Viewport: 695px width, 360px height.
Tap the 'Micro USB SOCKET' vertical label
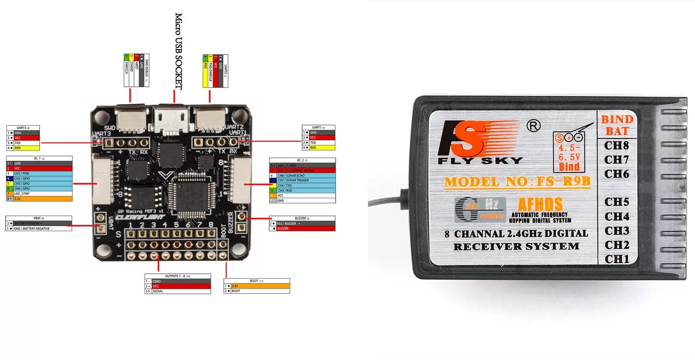179,51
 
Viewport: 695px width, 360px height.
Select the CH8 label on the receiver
616,145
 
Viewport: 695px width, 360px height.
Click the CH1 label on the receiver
616,259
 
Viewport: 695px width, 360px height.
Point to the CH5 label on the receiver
616,202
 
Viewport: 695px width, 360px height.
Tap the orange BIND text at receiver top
616,120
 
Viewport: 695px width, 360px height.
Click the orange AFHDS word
540,204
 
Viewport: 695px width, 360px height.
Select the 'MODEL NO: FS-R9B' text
518,182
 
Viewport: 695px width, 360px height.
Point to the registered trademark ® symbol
534,125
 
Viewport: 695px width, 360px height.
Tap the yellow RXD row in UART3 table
23,148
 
